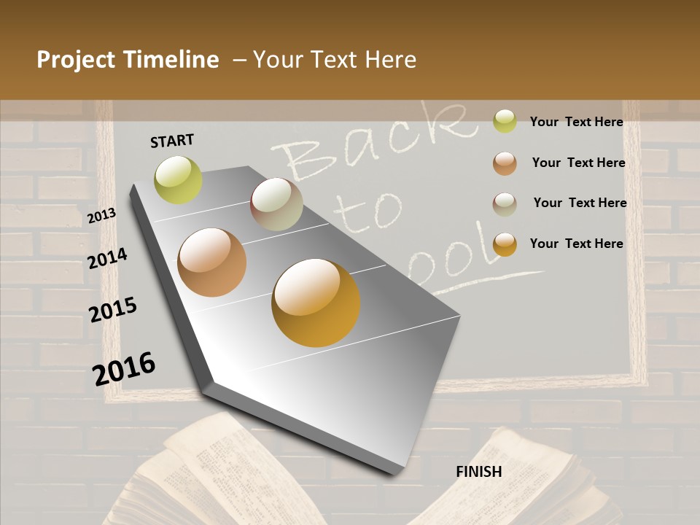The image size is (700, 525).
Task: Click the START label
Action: coord(172,141)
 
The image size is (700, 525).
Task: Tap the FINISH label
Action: coord(479,472)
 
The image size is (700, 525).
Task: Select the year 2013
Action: coord(101,216)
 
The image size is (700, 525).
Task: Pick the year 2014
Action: coord(107,258)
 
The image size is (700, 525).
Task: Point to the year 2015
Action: coord(113,310)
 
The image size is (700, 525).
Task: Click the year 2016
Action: coord(124,369)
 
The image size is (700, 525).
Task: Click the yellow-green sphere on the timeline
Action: coord(178,180)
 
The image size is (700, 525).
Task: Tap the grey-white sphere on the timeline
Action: coord(276,204)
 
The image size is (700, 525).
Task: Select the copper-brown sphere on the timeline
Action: coord(212,262)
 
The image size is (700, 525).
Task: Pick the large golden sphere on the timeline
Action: coord(316,303)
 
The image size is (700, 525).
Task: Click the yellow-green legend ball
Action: coord(505,121)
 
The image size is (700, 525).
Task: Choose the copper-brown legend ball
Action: coord(505,163)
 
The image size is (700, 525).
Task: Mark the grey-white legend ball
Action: coord(505,203)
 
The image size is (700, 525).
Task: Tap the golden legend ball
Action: coord(505,244)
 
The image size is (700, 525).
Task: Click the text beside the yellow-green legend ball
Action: coord(576,122)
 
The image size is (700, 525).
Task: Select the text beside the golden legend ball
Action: coord(576,244)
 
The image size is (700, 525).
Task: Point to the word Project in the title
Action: coord(77,60)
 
